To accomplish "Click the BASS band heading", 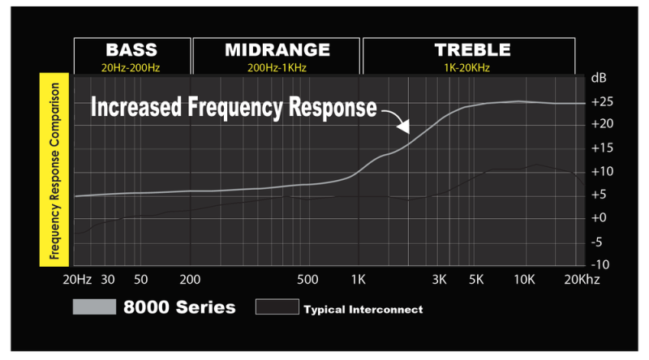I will click(132, 49).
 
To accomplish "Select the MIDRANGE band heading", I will click(277, 49).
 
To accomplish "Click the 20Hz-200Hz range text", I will click(132, 68).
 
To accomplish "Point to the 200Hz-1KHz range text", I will click(277, 68).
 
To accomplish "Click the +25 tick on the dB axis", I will click(600, 102).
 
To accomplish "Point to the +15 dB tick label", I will click(600, 148).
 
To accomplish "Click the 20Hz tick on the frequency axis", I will click(77, 281).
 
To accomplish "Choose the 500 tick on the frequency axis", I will click(307, 281).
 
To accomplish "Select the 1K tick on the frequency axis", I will click(358, 281).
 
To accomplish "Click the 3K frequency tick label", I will click(439, 281).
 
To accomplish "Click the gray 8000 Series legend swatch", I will click(94, 307).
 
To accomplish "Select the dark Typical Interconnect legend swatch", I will click(276, 307).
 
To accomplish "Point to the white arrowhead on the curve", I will click(403, 127).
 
